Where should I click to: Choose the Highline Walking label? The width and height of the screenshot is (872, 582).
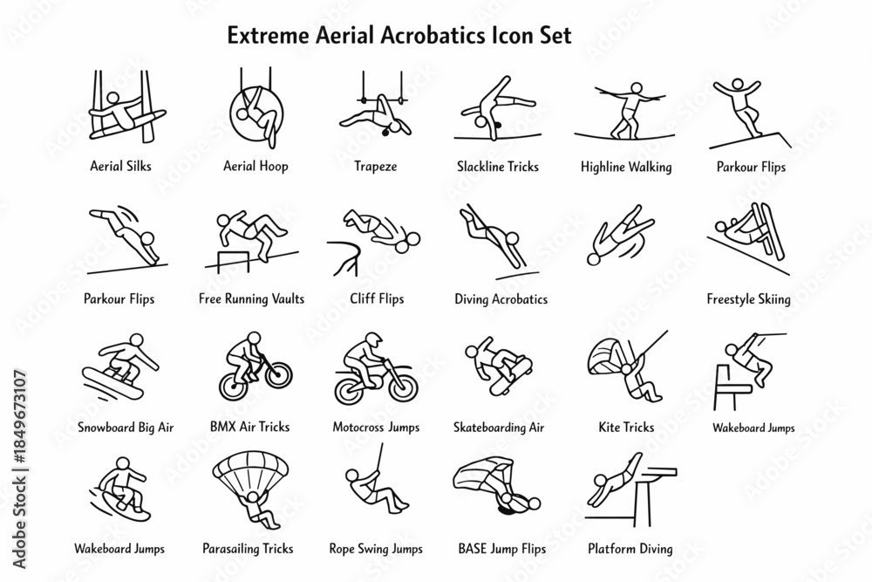pyautogui.click(x=626, y=167)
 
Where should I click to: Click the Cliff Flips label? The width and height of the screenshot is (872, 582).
pyautogui.click(x=375, y=299)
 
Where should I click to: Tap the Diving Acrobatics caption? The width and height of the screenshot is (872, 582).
pyautogui.click(x=501, y=299)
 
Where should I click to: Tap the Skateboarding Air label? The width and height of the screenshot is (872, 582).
pyautogui.click(x=501, y=428)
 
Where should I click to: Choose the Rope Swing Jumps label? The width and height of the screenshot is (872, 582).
pyautogui.click(x=376, y=549)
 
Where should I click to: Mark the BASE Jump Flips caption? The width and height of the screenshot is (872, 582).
pyautogui.click(x=501, y=549)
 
